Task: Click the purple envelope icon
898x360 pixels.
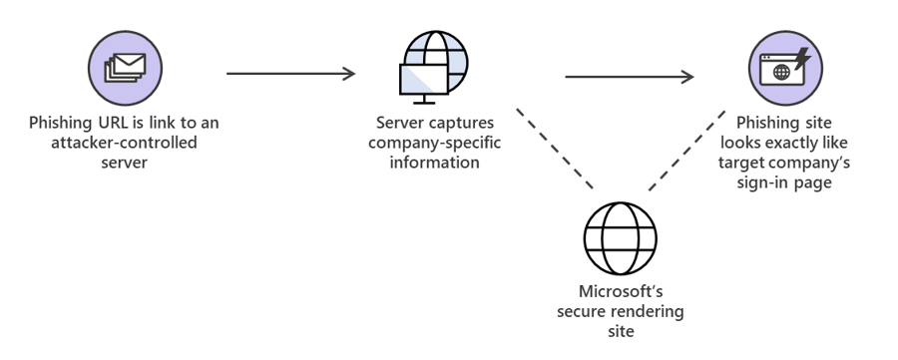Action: point(125,68)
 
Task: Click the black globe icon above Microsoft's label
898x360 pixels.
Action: point(620,237)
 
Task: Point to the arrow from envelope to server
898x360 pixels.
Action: point(290,73)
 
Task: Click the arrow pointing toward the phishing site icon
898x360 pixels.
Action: point(629,76)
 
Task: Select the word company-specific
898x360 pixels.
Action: point(435,143)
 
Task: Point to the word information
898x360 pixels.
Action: point(435,162)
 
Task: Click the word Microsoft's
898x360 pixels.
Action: point(620,291)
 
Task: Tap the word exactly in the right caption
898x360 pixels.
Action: point(796,143)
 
